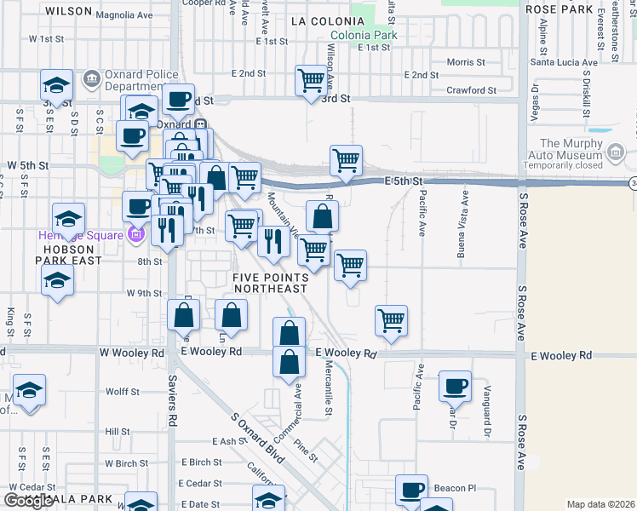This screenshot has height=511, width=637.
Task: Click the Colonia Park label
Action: tap(364, 36)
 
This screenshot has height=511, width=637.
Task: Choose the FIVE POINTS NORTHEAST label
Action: tap(270, 282)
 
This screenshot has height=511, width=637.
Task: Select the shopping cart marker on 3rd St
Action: tap(311, 80)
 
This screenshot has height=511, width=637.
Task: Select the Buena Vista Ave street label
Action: tap(465, 218)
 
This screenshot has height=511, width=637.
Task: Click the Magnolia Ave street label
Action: tap(124, 15)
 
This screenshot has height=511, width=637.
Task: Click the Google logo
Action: tap(28, 500)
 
